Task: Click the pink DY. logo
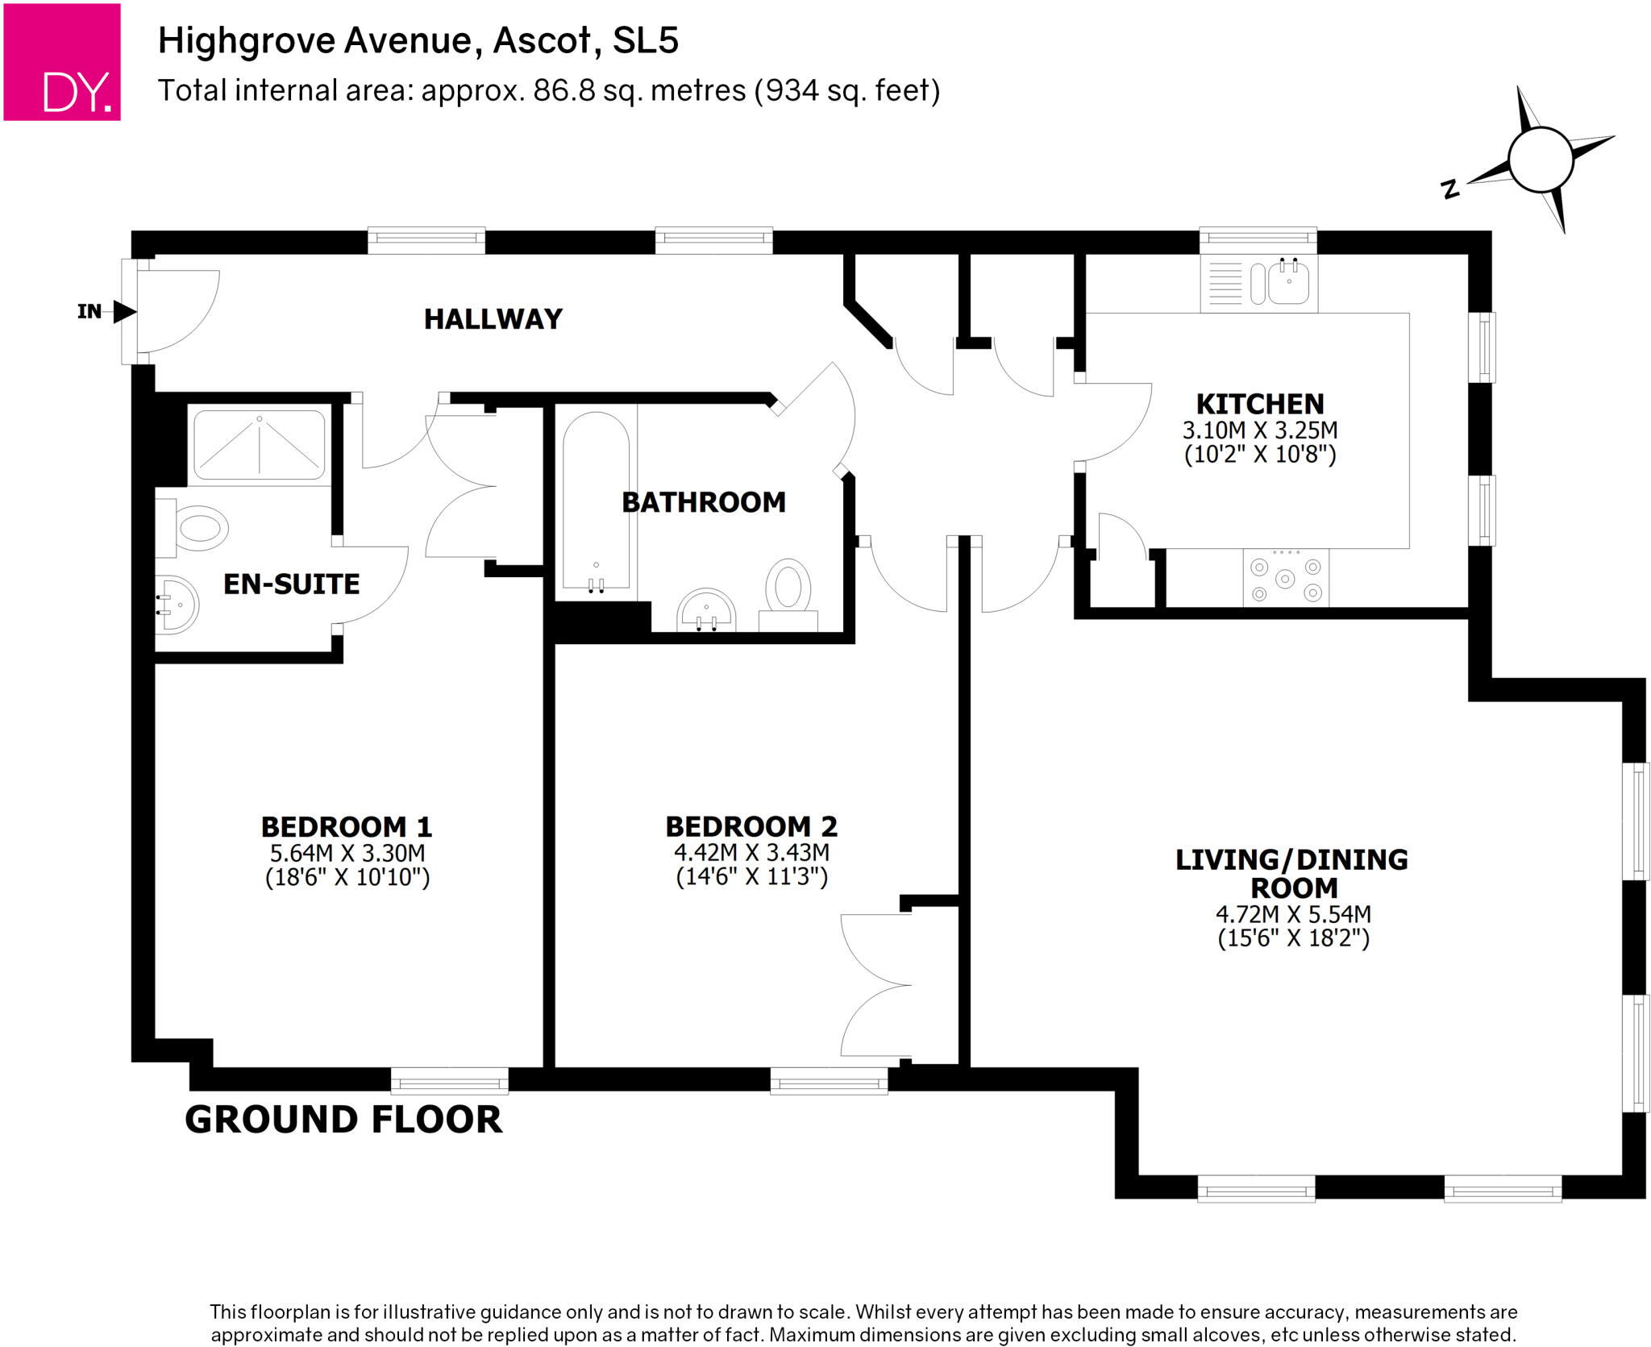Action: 62,62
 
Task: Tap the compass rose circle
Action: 1540,160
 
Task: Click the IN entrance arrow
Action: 123,311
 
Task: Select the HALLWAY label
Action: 493,319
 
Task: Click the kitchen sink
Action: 1287,283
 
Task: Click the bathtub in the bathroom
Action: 596,500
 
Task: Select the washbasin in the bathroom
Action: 706,610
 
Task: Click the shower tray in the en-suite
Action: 259,445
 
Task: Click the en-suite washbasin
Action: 177,605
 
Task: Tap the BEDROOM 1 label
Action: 347,827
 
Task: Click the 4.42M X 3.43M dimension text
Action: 751,852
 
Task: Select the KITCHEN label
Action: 1259,404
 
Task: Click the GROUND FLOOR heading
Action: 343,1120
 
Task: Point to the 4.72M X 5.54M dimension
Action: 1293,914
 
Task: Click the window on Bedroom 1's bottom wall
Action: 449,1080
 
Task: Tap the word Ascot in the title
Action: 542,40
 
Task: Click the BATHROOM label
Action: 703,502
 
